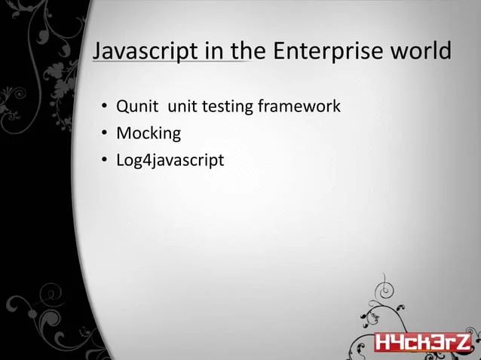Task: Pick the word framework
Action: [x=299, y=107]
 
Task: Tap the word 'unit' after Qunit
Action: [x=182, y=107]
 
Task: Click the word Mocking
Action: [x=149, y=134]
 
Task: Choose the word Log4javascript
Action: [x=170, y=161]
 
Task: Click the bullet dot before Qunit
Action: [x=105, y=108]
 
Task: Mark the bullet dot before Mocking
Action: [x=105, y=135]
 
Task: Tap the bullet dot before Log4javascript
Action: [x=105, y=161]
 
